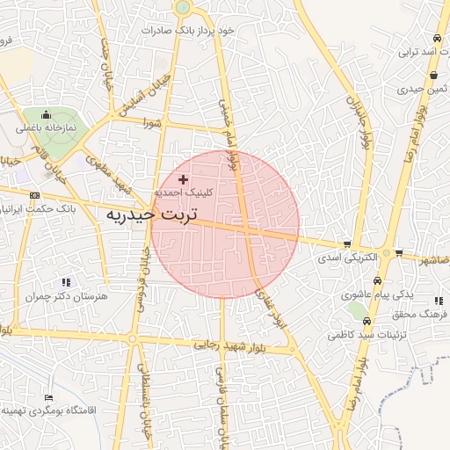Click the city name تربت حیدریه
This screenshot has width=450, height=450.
coord(152,214)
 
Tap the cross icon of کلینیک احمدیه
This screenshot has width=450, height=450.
coord(183,179)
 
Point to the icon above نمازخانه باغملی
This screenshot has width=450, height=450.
coord(46,115)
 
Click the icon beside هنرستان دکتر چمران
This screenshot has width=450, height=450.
coord(66,283)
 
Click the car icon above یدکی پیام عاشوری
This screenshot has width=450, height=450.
coord(378,281)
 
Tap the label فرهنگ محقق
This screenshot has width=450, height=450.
coord(423,314)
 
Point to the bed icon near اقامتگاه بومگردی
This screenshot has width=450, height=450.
coord(47,397)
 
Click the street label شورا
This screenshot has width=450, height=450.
coord(154,124)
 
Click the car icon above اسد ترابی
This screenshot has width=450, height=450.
coord(437,39)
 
